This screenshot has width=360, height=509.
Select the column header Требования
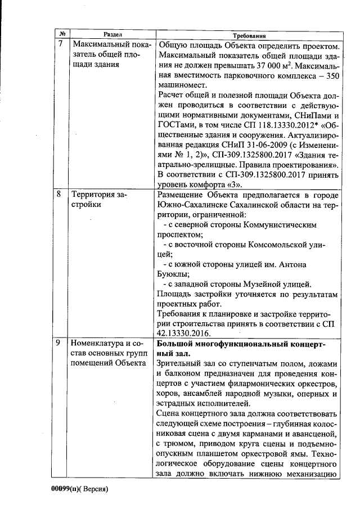[x=248, y=35]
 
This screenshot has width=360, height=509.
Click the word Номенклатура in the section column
[x=98, y=344]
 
